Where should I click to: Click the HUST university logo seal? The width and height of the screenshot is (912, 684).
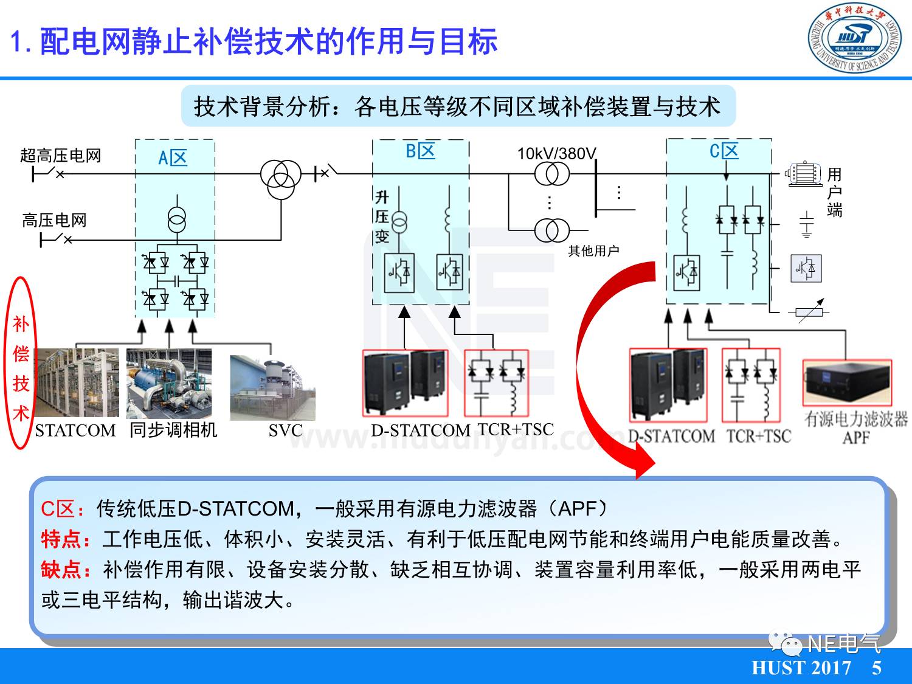pos(854,39)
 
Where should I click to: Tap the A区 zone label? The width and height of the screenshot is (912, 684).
pos(173,158)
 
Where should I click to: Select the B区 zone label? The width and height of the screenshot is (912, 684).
pos(420,151)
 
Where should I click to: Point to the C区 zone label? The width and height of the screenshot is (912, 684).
pos(724,151)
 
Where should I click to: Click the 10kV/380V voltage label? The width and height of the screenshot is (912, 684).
pos(556,153)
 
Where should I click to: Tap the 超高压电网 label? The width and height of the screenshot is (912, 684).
pos(60,156)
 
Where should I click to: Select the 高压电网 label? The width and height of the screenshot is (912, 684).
pos(54,220)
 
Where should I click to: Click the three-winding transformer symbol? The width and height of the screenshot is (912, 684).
pos(280,179)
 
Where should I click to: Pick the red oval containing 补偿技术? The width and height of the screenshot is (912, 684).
pos(21,363)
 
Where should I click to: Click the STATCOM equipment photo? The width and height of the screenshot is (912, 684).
pos(77,383)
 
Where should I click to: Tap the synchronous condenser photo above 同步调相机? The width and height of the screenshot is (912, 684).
pos(169,383)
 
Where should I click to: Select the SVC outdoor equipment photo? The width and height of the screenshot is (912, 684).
pos(272,387)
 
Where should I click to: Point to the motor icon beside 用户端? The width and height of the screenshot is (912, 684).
pos(804,174)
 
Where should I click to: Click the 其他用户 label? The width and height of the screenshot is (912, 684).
pos(593,250)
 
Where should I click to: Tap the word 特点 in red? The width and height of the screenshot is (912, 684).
pos(61,539)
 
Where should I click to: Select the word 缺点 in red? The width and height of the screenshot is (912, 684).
pos(61,569)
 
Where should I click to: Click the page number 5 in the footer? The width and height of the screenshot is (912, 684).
pos(876,668)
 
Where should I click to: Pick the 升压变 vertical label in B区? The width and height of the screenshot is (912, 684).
pos(382,216)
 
